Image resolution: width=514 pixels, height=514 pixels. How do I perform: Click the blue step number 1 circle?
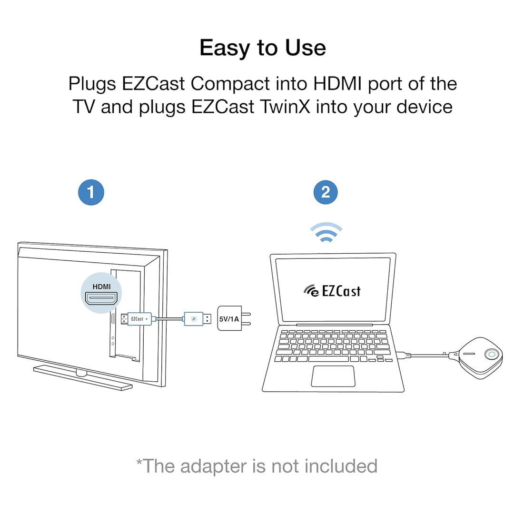(90, 192)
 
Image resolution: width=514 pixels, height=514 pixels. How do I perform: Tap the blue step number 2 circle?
(326, 192)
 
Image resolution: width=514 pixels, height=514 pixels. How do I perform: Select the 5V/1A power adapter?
(229, 319)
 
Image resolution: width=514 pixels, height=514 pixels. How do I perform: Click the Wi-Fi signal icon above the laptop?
(326, 232)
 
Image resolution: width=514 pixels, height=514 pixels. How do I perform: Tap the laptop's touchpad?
(333, 376)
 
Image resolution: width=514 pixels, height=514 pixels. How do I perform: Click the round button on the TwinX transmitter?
(491, 355)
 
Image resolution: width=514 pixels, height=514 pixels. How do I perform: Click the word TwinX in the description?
(284, 106)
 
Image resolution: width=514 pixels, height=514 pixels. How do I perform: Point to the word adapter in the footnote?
(222, 465)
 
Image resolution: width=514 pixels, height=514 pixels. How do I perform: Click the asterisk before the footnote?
(139, 462)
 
